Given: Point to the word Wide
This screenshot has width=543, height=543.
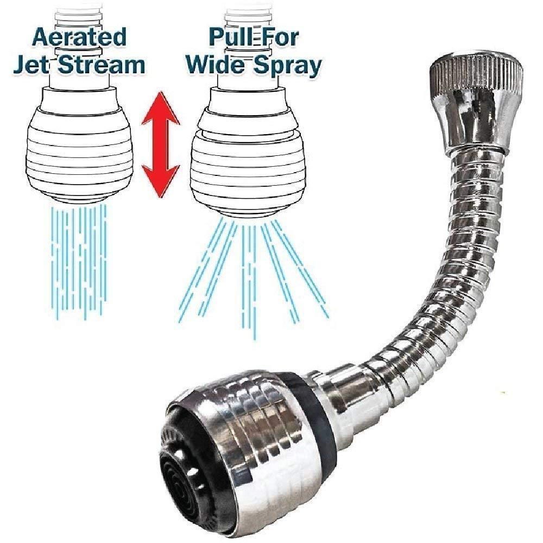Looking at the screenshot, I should tap(215, 65).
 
